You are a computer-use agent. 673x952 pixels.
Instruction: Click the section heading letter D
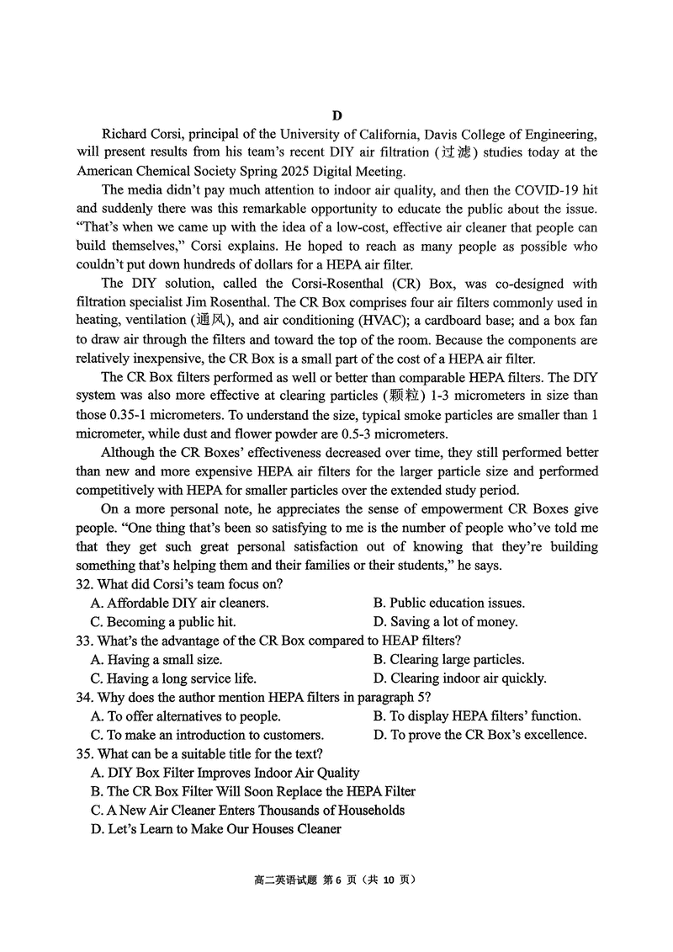[336, 116]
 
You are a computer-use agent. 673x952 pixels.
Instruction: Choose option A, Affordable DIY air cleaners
[180, 604]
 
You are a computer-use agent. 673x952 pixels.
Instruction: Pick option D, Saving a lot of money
[446, 623]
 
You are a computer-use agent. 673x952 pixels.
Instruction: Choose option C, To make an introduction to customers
[207, 735]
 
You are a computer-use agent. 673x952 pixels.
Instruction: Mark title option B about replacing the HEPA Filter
[253, 792]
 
